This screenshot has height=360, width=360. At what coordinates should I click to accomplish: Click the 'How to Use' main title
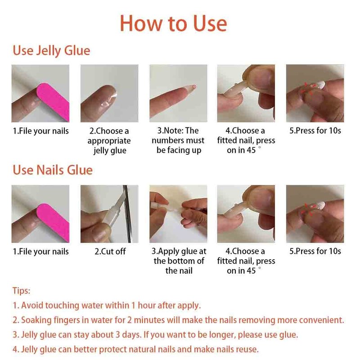pos(173,23)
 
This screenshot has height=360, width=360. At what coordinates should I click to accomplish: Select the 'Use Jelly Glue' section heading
pos(51,51)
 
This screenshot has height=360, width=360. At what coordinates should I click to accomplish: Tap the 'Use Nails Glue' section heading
pos(53,170)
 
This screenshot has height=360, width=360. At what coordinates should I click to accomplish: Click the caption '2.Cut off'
pos(110,252)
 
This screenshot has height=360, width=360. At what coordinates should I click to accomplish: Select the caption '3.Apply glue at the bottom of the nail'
pos(179,261)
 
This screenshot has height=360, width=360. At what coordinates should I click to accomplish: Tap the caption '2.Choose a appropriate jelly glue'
pos(109,141)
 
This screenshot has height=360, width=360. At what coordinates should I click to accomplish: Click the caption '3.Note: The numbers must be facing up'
pos(178,140)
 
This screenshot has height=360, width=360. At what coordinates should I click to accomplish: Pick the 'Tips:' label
pos(21,291)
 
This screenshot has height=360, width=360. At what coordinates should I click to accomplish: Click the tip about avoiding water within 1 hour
pos(107,306)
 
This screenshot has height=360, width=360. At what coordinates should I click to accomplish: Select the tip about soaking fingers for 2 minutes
pos(178,320)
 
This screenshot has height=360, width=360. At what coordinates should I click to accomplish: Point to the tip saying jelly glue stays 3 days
pos(155,335)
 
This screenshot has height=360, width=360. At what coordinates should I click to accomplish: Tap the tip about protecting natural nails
pos(135,350)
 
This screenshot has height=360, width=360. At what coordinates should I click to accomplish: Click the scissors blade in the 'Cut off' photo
pos(127,213)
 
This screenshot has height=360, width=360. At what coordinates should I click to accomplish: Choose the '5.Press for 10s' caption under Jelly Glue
pos(315,130)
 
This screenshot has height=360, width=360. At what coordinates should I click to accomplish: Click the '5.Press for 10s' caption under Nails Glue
pos(315,251)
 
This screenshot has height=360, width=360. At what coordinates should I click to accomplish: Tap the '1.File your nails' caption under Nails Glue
pos(40,252)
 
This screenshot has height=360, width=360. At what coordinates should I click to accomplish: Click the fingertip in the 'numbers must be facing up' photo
pos(190,88)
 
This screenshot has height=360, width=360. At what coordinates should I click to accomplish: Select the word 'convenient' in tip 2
pos(321,320)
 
